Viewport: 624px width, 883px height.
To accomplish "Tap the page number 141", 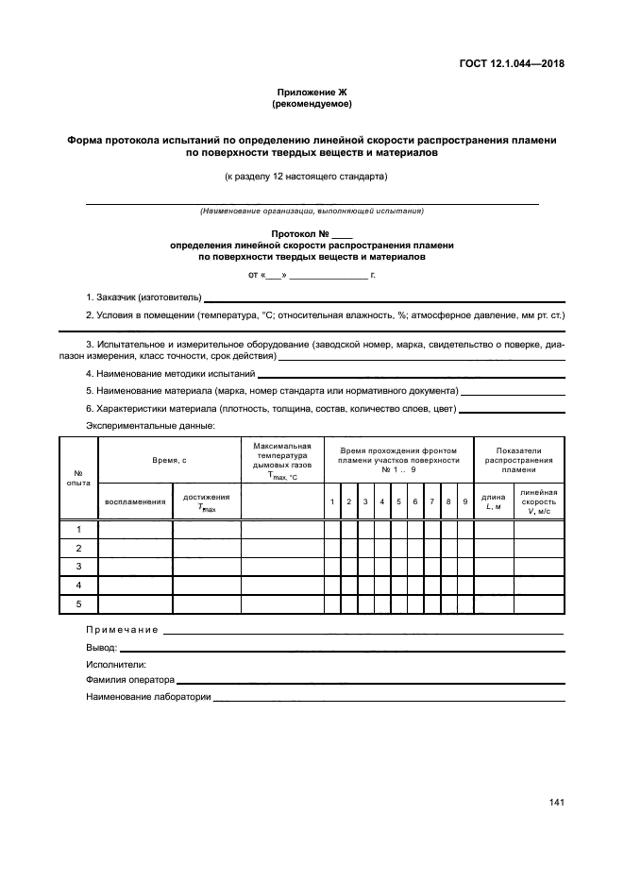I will click(556, 803).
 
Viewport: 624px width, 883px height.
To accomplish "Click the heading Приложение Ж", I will click(312, 92).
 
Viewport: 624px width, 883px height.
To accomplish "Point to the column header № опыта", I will click(78, 477).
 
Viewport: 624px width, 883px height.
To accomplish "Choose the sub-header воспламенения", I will click(135, 501).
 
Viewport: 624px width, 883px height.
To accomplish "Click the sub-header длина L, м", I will click(493, 501).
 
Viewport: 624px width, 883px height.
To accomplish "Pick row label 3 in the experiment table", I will click(79, 567).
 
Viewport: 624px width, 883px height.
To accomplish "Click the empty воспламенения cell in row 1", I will click(135, 530).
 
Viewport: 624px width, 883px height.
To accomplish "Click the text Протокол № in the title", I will click(299, 233).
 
